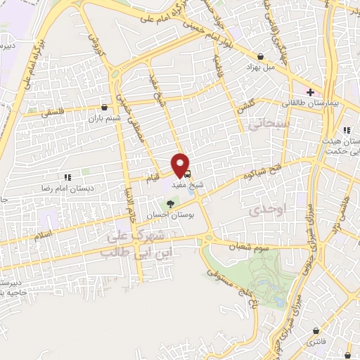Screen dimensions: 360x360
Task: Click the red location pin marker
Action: click(181, 165)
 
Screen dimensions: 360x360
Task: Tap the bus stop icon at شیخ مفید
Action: click(188, 173)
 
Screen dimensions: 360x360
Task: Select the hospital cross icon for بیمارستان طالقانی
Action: click(310, 92)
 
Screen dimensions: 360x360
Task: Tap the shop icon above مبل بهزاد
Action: click(261, 56)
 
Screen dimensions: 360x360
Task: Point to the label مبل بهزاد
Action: click(259, 67)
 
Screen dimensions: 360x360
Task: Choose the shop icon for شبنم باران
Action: click(105, 108)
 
